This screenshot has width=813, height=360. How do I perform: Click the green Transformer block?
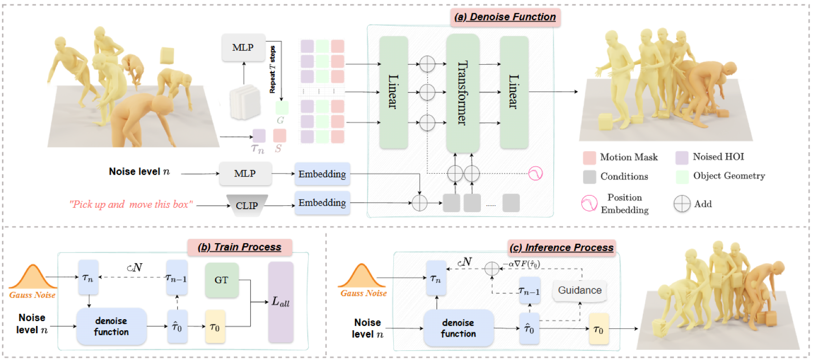pyautogui.click(x=462, y=92)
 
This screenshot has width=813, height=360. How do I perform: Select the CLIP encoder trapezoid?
pyautogui.click(x=247, y=205)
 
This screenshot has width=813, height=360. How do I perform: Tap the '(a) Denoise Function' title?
pyautogui.click(x=505, y=17)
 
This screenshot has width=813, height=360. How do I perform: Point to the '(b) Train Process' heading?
pyautogui.click(x=240, y=247)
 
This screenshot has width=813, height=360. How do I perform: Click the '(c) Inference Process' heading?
pyautogui.click(x=562, y=248)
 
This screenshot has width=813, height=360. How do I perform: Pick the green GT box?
pyautogui.click(x=222, y=280)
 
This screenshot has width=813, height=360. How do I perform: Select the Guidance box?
pyautogui.click(x=580, y=290)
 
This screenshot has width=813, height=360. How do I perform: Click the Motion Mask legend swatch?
pyautogui.click(x=589, y=157)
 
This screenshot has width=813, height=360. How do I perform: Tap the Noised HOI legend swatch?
pyautogui.click(x=682, y=157)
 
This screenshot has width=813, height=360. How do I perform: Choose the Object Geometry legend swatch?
pyautogui.click(x=682, y=177)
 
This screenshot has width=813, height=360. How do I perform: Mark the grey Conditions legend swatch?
pyautogui.click(x=589, y=177)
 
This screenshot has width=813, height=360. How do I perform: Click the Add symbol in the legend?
pyautogui.click(x=682, y=204)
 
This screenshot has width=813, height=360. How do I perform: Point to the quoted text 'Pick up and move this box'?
pyautogui.click(x=131, y=204)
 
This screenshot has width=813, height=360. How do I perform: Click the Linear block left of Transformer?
pyautogui.click(x=393, y=92)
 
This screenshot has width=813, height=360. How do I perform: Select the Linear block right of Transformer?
pyautogui.click(x=514, y=92)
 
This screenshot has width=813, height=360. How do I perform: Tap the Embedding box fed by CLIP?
pyautogui.click(x=322, y=203)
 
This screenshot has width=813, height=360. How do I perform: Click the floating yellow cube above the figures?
pyautogui.click(x=167, y=55)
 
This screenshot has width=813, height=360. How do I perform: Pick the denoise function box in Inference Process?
pyautogui.click(x=459, y=328)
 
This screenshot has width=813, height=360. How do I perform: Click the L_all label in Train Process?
pyautogui.click(x=281, y=302)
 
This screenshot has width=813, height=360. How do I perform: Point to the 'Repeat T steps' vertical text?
pyautogui.click(x=272, y=70)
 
